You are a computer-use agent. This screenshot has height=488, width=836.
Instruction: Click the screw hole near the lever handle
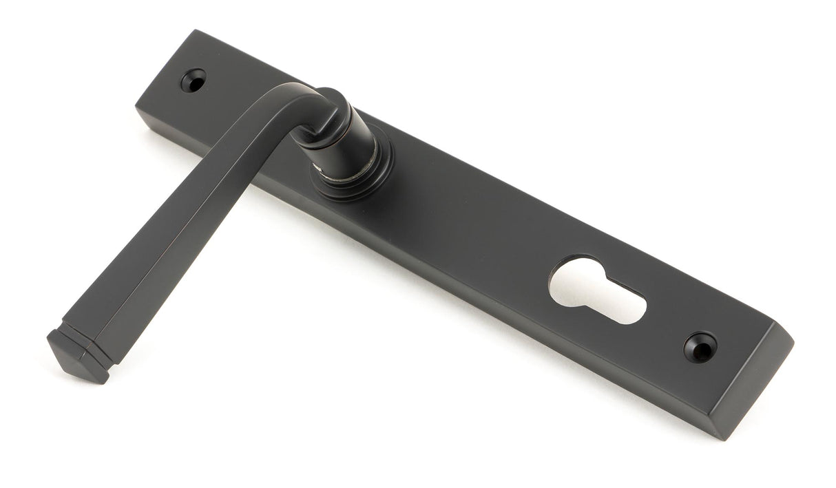click(194, 81)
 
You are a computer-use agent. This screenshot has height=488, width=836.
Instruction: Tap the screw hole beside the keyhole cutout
click(700, 348)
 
